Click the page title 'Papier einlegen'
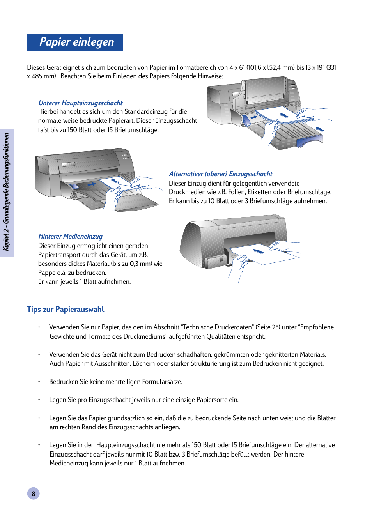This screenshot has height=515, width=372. click(76, 42)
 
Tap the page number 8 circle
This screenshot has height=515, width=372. click(34, 493)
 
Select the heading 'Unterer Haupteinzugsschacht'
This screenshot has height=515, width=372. click(80, 103)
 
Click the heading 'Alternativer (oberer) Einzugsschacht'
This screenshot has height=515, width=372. click(220, 174)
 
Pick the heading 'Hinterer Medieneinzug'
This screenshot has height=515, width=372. click(70, 236)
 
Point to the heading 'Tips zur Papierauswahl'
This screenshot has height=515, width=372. click(66, 309)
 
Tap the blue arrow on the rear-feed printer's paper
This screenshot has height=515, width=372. click(259, 251)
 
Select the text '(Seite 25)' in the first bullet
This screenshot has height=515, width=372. click(268, 327)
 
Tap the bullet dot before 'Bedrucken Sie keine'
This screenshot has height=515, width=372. click(39, 382)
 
